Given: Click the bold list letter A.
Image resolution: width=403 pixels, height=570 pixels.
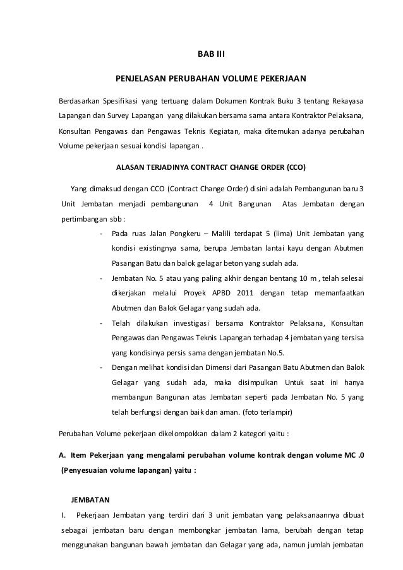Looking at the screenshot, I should pyautogui.click(x=61, y=455).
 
